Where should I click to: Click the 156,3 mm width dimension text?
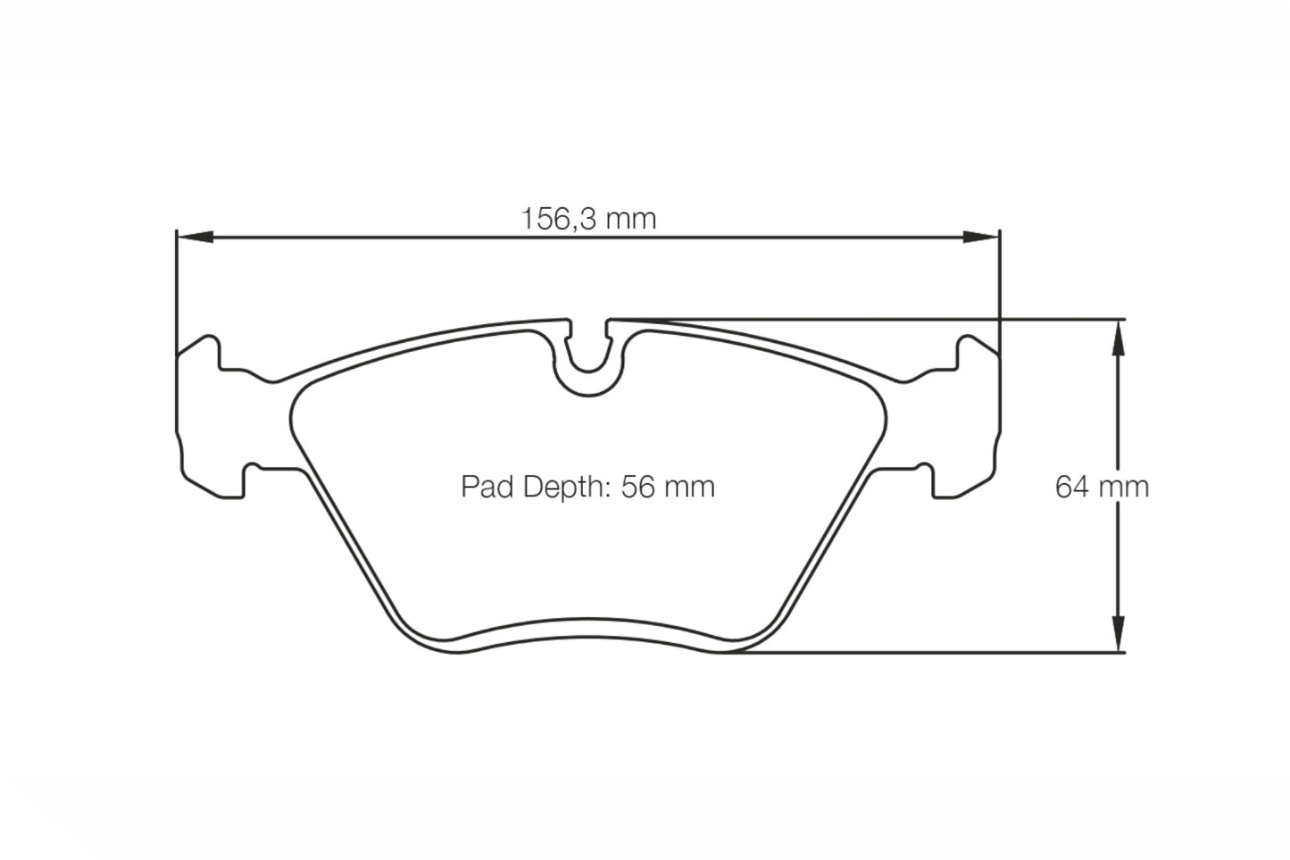click(x=588, y=218)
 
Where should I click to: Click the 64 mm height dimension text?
click(x=1102, y=487)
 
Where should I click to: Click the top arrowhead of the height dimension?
click(x=1116, y=335)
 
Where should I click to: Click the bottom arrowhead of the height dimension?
click(x=1116, y=635)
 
